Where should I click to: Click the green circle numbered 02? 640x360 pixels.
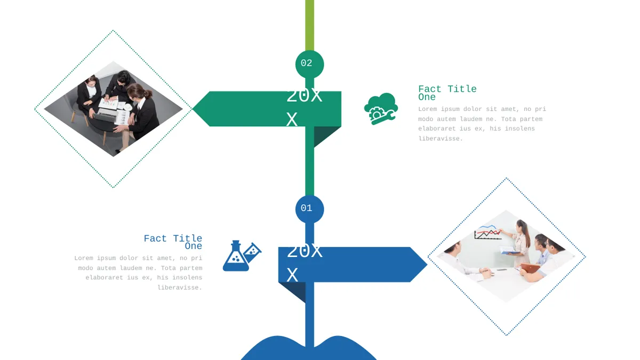309,65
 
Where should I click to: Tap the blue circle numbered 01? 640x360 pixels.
309,209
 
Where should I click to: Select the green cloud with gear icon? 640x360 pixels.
381,109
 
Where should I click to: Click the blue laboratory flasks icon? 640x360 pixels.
242,255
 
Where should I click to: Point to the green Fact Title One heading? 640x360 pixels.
447,93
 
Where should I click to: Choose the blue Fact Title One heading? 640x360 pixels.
173,242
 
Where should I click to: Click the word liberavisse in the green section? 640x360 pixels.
441,139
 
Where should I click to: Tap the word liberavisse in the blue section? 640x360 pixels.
180,287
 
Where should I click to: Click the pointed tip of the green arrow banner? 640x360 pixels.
193,109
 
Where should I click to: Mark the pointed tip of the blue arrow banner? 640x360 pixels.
427,265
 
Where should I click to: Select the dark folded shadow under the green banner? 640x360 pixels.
326,135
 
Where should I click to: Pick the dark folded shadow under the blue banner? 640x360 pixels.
294,291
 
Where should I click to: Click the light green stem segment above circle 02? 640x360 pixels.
309,25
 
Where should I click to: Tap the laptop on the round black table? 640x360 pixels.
106,116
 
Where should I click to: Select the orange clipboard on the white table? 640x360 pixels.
530,268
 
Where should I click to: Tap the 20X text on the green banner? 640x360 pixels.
304,96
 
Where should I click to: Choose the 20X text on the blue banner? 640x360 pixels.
305,251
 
